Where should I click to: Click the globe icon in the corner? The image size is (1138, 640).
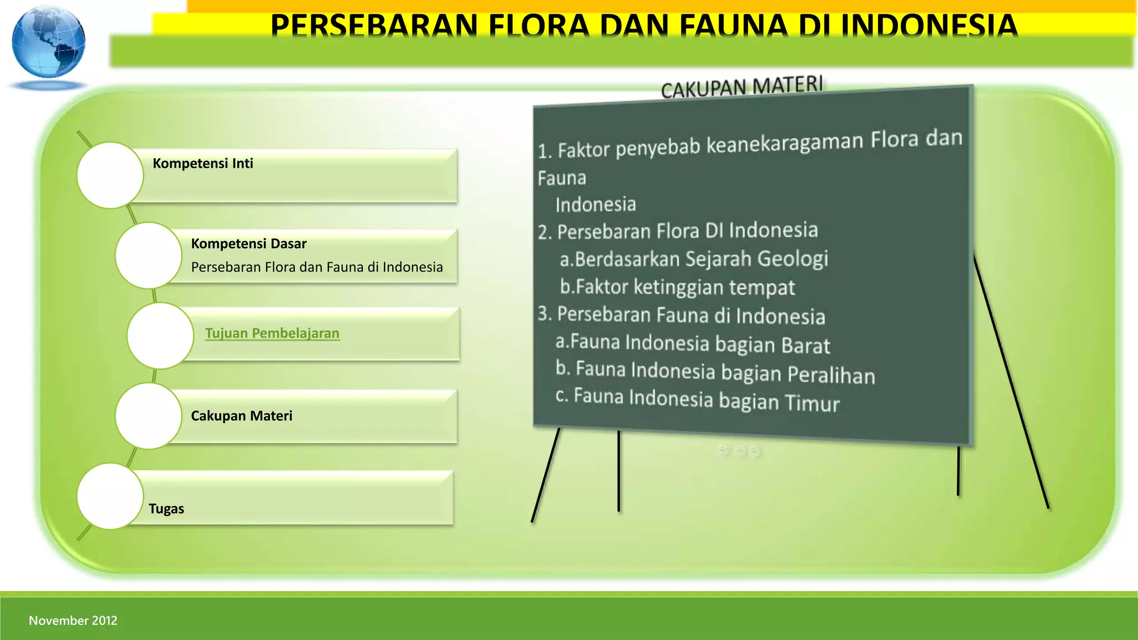tap(49, 43)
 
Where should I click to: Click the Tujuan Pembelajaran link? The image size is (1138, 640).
tap(272, 333)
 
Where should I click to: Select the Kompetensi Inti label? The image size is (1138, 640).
tap(203, 163)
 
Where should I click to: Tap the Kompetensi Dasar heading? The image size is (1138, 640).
tap(248, 244)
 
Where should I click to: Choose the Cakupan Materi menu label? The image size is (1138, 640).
tap(241, 416)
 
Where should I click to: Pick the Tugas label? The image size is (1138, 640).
tap(166, 509)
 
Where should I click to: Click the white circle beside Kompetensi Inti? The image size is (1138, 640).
tap(110, 176)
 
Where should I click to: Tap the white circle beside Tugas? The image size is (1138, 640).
tap(110, 496)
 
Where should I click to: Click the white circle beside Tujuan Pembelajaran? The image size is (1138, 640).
tap(160, 336)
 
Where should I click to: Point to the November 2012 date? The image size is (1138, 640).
tap(73, 621)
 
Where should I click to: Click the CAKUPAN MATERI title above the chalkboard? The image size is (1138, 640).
tap(741, 87)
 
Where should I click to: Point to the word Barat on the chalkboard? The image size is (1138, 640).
tap(806, 346)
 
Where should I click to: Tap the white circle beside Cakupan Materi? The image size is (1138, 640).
tap(148, 416)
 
